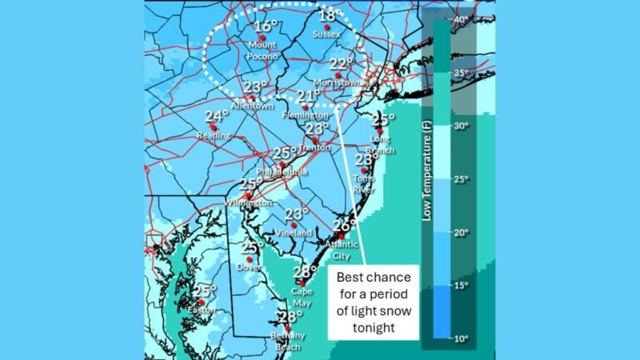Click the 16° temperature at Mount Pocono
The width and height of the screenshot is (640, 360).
tap(266, 27)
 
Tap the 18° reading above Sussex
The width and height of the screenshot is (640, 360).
tap(327, 16)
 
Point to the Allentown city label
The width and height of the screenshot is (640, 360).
tap(252, 107)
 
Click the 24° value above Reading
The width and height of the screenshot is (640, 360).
tap(217, 117)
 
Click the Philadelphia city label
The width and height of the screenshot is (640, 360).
tap(282, 171)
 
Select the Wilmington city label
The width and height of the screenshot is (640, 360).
tap(247, 202)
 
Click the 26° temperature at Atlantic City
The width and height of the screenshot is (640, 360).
tap(343, 226)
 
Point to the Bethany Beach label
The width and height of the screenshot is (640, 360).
tap(287, 341)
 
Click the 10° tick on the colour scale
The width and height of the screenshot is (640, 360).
tap(460, 337)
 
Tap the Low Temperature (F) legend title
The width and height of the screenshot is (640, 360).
tap(427, 178)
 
